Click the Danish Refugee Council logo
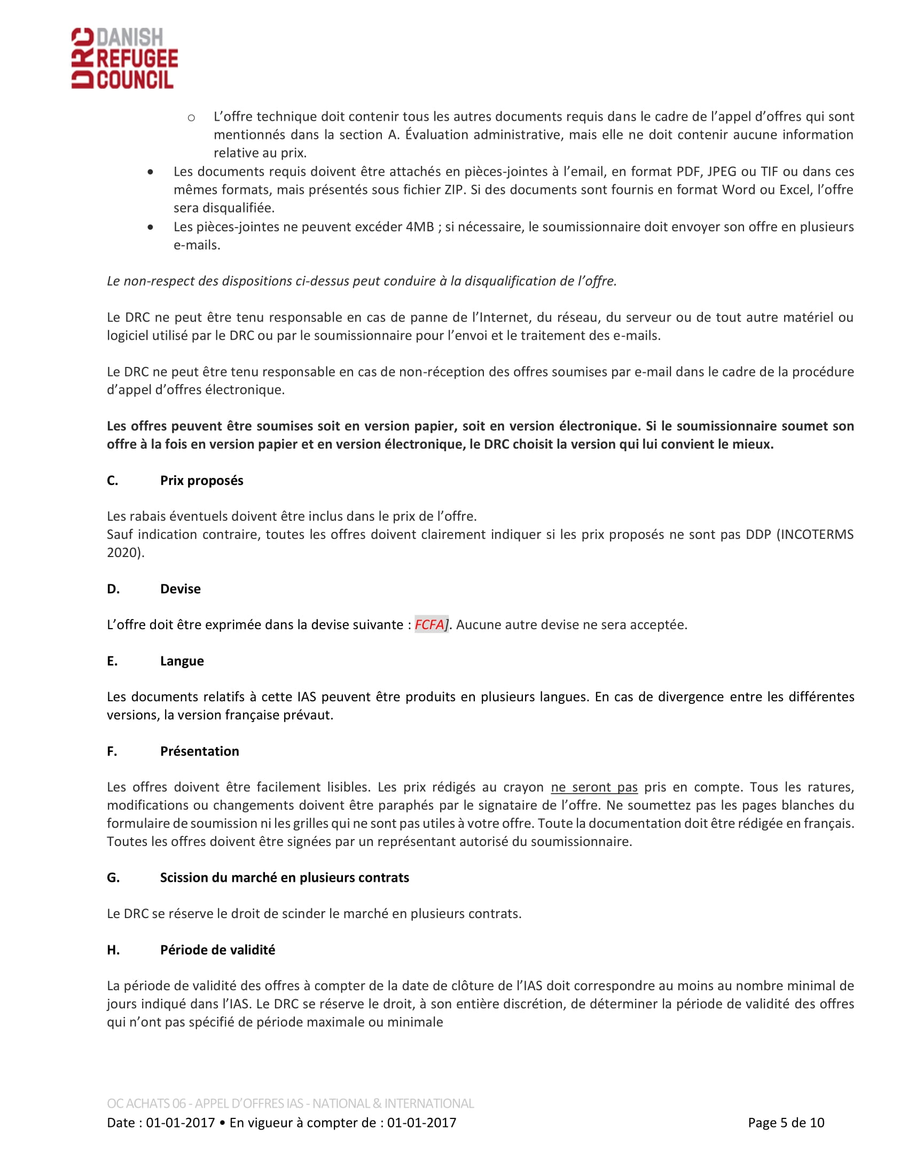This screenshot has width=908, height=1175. click(x=125, y=58)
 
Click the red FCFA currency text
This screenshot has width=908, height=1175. click(x=429, y=625)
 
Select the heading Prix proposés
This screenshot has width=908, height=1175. click(x=201, y=481)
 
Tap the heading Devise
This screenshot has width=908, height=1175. click(x=180, y=589)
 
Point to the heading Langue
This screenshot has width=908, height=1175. click(x=182, y=661)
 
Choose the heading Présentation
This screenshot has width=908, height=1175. click(x=200, y=751)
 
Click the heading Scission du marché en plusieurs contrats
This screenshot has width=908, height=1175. click(x=284, y=878)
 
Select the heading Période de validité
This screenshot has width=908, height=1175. click(x=217, y=950)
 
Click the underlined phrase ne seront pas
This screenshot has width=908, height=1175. click(x=594, y=787)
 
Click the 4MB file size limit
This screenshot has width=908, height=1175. click(x=420, y=226)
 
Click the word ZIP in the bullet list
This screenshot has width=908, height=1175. click(x=454, y=190)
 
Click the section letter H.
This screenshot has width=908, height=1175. click(x=113, y=950)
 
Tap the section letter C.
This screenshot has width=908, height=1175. click(x=112, y=481)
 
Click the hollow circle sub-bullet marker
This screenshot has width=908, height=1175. click(x=191, y=117)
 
